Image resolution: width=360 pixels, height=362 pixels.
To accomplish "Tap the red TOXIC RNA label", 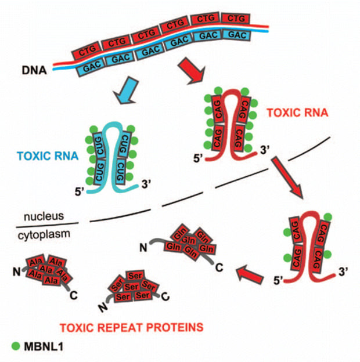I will click(291, 111).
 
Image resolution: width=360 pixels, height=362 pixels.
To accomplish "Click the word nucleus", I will click(43, 217).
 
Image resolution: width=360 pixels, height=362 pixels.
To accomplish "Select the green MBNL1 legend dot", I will click(16, 346).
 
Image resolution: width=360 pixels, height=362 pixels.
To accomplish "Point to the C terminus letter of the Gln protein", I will click(219, 269).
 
